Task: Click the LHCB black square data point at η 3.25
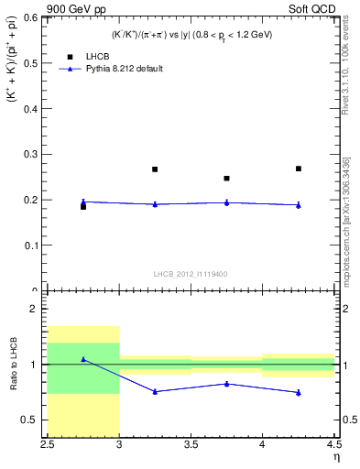pos(155,169)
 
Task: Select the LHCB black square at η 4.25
pos(299,169)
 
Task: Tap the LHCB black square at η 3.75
pos(226,179)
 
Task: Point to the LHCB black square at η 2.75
pos(83,207)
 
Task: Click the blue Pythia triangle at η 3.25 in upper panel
pos(155,204)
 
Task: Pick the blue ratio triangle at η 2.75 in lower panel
pos(83,359)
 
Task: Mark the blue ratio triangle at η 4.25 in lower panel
pos(299,392)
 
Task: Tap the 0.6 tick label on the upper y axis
pos(31,16)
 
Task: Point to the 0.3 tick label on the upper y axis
pos(31,154)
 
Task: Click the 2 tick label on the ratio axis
pos(36,310)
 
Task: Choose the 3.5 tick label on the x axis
pos(191,444)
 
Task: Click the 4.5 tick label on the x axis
pos(333,444)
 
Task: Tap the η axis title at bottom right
pos(336,457)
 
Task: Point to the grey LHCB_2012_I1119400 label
pos(191,274)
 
